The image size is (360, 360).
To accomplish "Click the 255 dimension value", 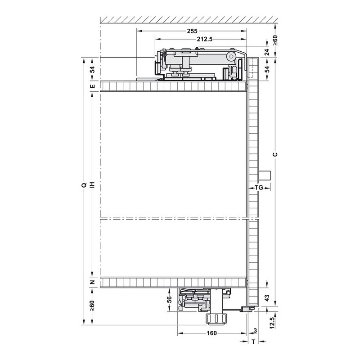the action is point(192,31).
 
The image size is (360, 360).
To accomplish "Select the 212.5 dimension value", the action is point(205,39).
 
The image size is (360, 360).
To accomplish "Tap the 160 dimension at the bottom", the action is point(211,333).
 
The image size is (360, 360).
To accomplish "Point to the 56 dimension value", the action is point(169,299).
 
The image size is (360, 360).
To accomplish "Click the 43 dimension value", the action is point(267,298).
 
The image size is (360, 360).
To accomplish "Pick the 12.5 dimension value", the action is point(272,323).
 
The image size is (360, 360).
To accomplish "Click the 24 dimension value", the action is point(267,52).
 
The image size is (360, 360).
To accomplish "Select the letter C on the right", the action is point(275,154).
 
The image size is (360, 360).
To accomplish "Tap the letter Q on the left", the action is point(84,185).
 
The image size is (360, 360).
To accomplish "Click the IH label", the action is point(92,185).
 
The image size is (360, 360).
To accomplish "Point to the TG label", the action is point(259,188).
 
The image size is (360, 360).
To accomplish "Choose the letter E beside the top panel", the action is point(92,86).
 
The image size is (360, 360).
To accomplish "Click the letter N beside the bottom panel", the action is point(92,282).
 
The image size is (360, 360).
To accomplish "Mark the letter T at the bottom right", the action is point(253,342).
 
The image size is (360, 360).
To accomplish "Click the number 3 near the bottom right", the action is point(255,331).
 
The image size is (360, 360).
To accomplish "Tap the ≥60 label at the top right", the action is point(275,40).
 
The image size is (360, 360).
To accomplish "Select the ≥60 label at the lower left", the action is point(92,306).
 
